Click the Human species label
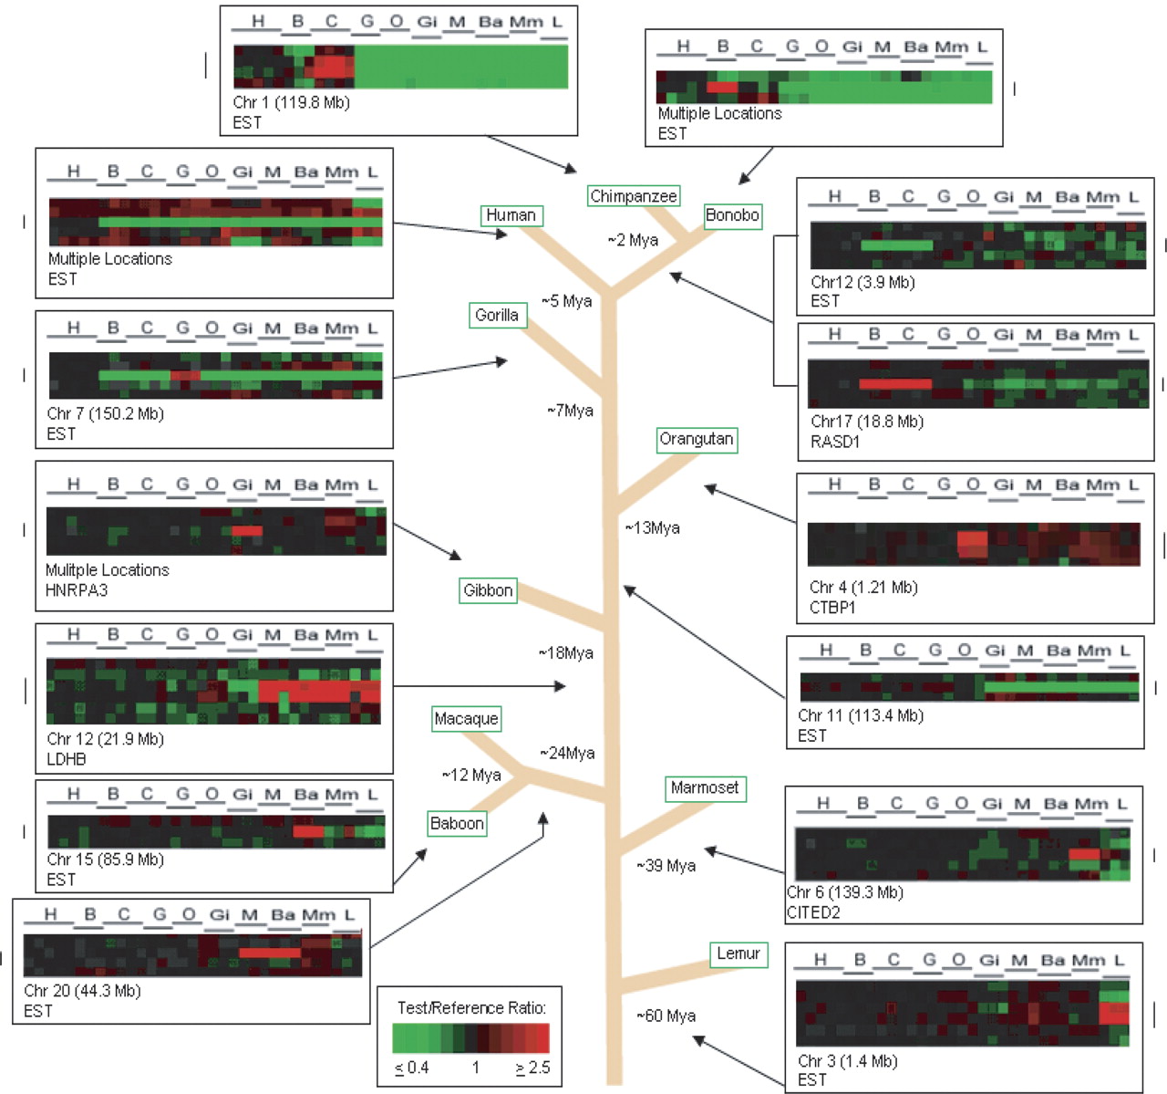point(511,215)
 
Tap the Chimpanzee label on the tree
point(633,196)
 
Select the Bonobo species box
point(732,215)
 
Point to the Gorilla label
point(496,315)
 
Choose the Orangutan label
point(697,439)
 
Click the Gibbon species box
point(488,590)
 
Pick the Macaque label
point(466,719)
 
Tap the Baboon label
point(457,823)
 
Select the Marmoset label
point(705,788)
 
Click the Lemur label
point(738,953)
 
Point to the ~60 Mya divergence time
point(666,1016)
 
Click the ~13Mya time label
point(652,527)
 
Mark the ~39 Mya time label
point(666,865)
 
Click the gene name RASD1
point(835,442)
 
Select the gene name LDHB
point(66,759)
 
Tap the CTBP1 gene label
point(832,608)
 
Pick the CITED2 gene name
point(813,912)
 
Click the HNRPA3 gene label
point(77,590)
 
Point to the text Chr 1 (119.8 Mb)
point(291,102)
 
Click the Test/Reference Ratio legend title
point(471,1007)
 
